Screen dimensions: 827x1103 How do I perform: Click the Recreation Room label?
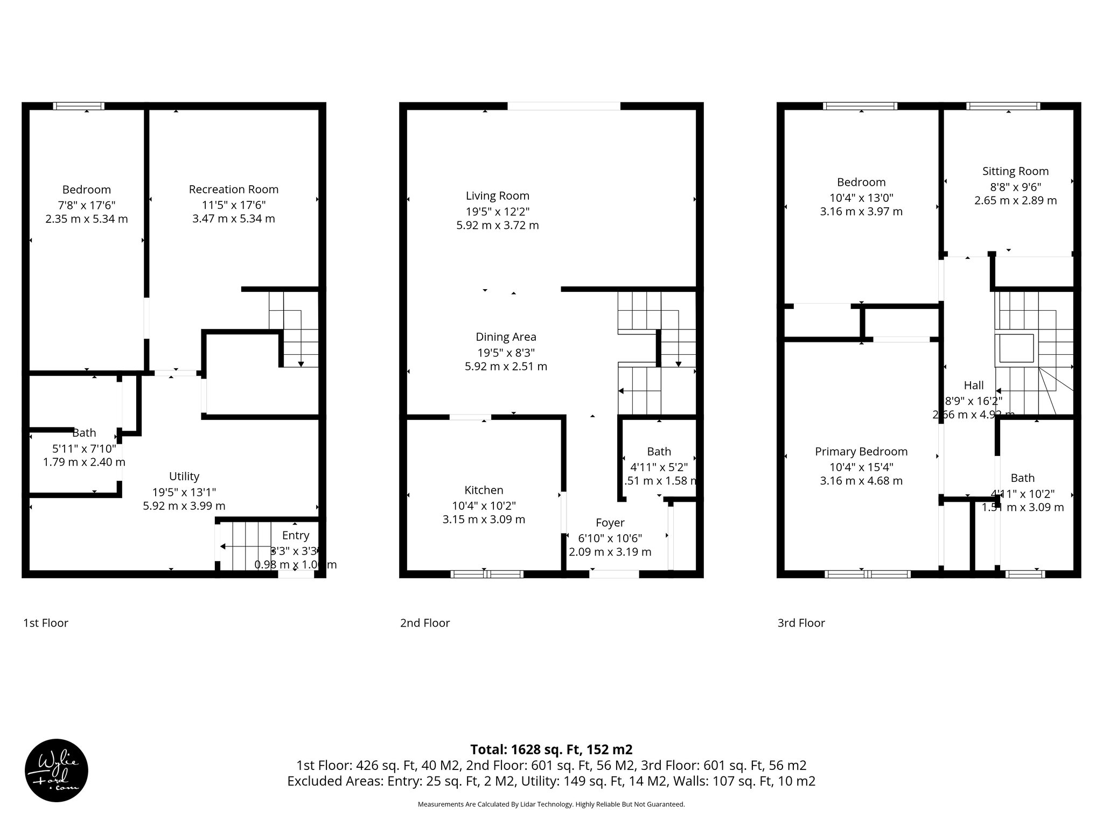point(233,190)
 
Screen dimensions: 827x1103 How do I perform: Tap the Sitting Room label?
point(1015,171)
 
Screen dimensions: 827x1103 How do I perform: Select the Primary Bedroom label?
point(861,452)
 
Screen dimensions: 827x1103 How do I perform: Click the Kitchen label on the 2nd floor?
point(484,490)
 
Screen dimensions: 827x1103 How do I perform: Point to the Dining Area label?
point(506,337)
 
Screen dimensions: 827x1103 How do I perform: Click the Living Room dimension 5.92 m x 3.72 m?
point(497,226)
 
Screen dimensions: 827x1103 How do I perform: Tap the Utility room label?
point(184,476)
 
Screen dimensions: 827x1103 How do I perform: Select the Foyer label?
point(610,523)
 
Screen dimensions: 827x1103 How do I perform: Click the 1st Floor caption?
point(46,623)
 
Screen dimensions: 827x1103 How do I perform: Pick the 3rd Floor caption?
point(801,623)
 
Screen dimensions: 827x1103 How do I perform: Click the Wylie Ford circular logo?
point(57,770)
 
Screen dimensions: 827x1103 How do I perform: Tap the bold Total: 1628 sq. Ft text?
point(551,749)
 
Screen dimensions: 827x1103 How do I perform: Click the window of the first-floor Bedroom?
point(79,106)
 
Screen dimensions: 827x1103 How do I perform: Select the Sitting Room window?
point(1003,106)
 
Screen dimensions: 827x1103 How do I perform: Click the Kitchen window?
point(487,574)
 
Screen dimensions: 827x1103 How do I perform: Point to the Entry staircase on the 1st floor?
point(245,546)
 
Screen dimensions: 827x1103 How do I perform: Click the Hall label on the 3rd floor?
point(973,386)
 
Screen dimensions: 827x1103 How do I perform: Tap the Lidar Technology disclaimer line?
point(551,804)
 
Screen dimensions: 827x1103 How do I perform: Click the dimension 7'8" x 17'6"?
point(86,205)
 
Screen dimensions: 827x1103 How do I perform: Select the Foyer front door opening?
point(614,574)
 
